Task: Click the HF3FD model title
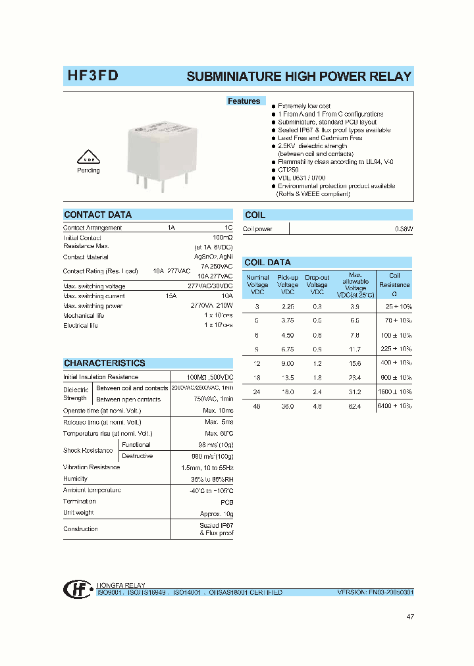pyautogui.click(x=93, y=76)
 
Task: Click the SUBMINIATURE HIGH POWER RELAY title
pyautogui.click(x=299, y=76)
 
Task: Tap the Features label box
pyautogui.click(x=244, y=101)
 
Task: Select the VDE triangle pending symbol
pyautogui.click(x=88, y=158)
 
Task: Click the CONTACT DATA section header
pyautogui.click(x=97, y=215)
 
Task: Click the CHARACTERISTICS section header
pyautogui.click(x=104, y=363)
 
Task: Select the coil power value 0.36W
pyautogui.click(x=403, y=229)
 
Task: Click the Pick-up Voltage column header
pyautogui.click(x=288, y=285)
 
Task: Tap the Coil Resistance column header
pyautogui.click(x=394, y=285)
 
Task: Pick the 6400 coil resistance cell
pyautogui.click(x=394, y=406)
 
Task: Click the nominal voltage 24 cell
pyautogui.click(x=257, y=392)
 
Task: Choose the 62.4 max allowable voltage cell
pyautogui.click(x=355, y=406)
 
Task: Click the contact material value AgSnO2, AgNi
pyautogui.click(x=213, y=257)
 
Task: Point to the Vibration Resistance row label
pyautogui.click(x=92, y=467)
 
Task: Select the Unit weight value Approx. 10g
pyautogui.click(x=217, y=513)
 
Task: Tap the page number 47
pyautogui.click(x=410, y=617)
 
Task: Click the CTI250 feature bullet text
pyautogui.click(x=289, y=170)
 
